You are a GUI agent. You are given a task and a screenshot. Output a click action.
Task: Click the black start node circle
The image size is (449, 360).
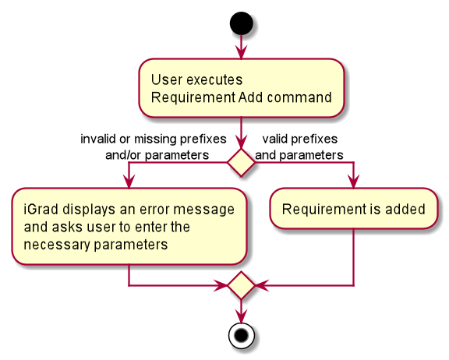coord(241,23)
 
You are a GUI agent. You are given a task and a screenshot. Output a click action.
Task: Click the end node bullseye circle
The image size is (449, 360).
coord(241,336)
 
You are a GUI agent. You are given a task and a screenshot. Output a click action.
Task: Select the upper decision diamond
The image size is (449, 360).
coord(241,163)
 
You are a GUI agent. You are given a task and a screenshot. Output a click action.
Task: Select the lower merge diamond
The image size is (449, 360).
coord(241,285)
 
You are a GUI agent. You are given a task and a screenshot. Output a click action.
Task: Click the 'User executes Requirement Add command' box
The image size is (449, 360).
coord(241,88)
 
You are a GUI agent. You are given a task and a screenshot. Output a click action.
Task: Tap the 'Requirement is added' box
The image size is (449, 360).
coord(354,208)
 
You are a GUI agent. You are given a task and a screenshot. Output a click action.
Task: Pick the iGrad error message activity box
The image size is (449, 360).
coord(129,226)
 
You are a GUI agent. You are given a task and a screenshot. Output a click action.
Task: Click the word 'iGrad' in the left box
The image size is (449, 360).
coord(41,209)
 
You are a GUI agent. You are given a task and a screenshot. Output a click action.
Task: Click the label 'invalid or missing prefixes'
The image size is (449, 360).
coord(154,139)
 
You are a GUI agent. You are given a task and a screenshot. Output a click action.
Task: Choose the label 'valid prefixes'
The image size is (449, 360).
coord(300,139)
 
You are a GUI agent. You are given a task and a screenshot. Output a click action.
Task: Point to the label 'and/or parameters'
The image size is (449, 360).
coord(157,155)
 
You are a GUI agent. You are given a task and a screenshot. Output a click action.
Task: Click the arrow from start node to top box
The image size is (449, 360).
coord(241,47)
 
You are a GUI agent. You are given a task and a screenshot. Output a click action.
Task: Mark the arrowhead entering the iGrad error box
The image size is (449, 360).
coord(129,182)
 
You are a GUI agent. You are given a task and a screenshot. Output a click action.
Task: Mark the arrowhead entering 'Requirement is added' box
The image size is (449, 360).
coord(354,182)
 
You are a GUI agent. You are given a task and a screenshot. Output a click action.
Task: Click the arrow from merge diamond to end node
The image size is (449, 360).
coord(241,311)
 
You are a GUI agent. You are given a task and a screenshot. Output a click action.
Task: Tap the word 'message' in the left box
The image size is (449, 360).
coord(204,210)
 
